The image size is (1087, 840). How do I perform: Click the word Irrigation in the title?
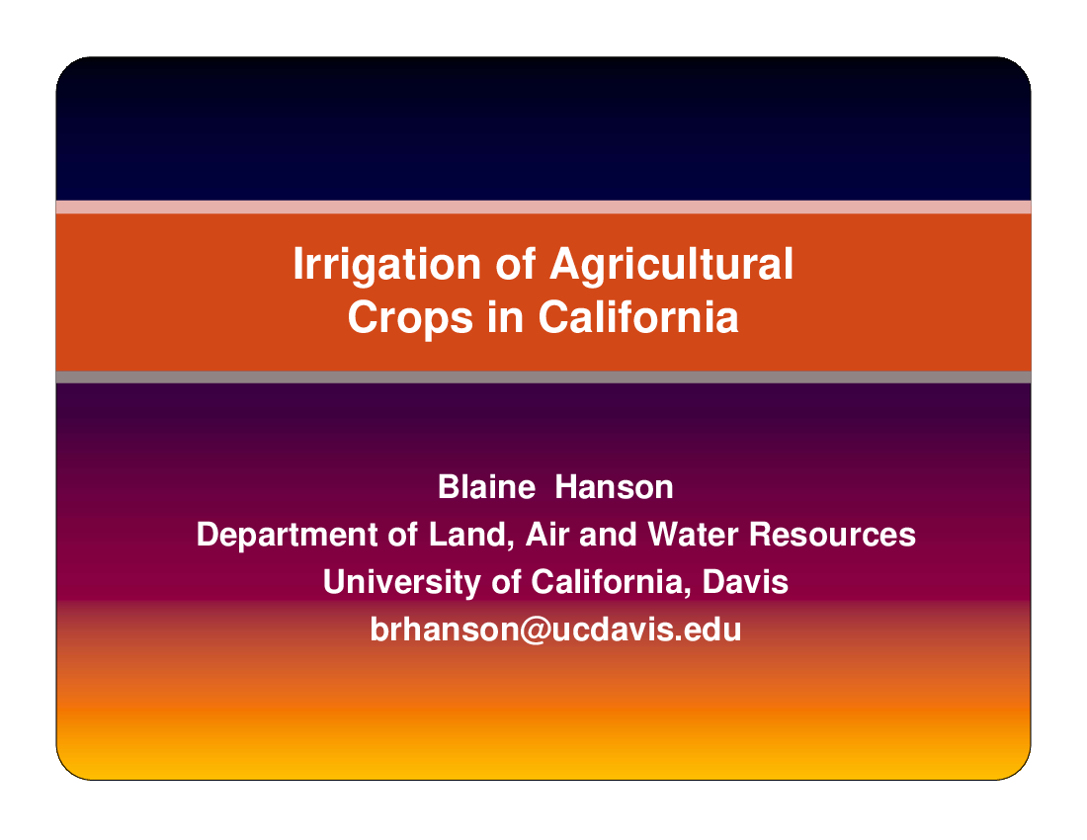pyautogui.click(x=386, y=266)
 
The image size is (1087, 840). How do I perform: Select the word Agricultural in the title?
pyautogui.click(x=671, y=266)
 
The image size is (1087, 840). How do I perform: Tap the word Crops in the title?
pyautogui.click(x=410, y=319)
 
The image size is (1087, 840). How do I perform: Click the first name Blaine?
pyautogui.click(x=486, y=487)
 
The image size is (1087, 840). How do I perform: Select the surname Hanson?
pyautogui.click(x=615, y=487)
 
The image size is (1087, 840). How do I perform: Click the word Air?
pyautogui.click(x=547, y=535)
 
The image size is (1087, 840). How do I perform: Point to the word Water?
pyautogui.click(x=694, y=535)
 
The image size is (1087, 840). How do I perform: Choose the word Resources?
pyautogui.click(x=833, y=535)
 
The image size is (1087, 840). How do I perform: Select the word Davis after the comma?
pyautogui.click(x=745, y=581)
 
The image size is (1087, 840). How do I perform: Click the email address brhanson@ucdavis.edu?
pyautogui.click(x=555, y=630)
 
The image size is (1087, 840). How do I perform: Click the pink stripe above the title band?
pyautogui.click(x=543, y=208)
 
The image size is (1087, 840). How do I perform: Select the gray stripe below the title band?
pyautogui.click(x=543, y=378)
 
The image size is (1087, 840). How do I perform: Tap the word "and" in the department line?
pyautogui.click(x=608, y=535)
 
